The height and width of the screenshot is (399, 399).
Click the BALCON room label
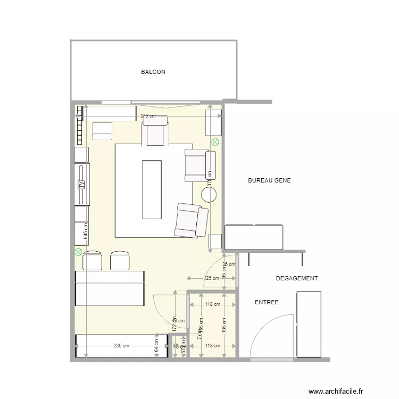pyautogui.click(x=153, y=72)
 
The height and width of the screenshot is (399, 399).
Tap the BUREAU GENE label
pyautogui.click(x=269, y=181)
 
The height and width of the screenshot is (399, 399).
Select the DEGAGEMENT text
pyautogui.click(x=296, y=278)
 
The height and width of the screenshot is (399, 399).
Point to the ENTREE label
pyautogui.click(x=267, y=302)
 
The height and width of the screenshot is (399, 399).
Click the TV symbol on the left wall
pyautogui.click(x=81, y=184)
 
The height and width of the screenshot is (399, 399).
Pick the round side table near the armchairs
pyautogui.click(x=209, y=195)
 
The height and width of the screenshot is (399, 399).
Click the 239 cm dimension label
pyautogui.click(x=121, y=346)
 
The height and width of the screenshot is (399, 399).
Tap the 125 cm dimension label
pyautogui.click(x=211, y=278)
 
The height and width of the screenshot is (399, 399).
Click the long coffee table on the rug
pyautogui.click(x=151, y=189)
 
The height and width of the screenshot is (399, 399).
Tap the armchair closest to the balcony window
pyautogui.click(x=155, y=131)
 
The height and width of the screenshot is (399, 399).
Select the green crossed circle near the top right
pyautogui.click(x=215, y=142)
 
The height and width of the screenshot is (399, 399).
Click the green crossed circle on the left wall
pyautogui.click(x=78, y=251)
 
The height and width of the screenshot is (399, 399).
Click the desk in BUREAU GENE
pyautogui.click(x=254, y=237)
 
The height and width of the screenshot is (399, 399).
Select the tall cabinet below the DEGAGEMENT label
pyautogui.click(x=309, y=324)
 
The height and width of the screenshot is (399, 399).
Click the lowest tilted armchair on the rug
pyautogui.click(x=191, y=220)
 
